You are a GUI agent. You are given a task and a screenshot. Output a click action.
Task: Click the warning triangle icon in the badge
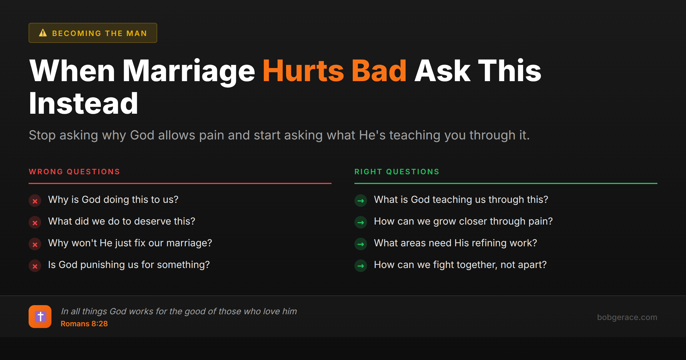pyautogui.click(x=43, y=33)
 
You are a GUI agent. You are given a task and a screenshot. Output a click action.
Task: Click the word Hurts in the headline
pyautogui.click(x=303, y=71)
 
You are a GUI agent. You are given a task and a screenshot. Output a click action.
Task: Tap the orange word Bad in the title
pyautogui.click(x=379, y=71)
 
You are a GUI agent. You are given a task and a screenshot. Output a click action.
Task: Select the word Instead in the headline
pyautogui.click(x=83, y=104)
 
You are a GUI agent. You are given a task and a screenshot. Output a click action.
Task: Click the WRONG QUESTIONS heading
pyautogui.click(x=74, y=172)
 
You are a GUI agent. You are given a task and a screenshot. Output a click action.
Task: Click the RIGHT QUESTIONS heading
pyautogui.click(x=397, y=172)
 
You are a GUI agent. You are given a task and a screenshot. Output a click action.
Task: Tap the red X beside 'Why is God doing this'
pyautogui.click(x=35, y=201)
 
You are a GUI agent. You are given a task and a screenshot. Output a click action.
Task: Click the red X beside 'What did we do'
pyautogui.click(x=35, y=223)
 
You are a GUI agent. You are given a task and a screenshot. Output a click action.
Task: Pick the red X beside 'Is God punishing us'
pyautogui.click(x=35, y=266)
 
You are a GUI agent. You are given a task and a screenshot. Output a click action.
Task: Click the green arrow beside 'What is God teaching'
pyautogui.click(x=361, y=201)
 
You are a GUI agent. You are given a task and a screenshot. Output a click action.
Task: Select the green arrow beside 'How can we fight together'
pyautogui.click(x=361, y=266)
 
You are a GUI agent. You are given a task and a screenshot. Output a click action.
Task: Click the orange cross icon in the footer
pyautogui.click(x=40, y=317)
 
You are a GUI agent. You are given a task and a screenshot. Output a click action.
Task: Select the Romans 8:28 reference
pyautogui.click(x=84, y=324)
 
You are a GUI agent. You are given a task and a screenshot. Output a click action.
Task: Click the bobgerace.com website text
pyautogui.click(x=627, y=317)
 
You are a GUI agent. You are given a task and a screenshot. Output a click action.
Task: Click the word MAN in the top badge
pyautogui.click(x=137, y=33)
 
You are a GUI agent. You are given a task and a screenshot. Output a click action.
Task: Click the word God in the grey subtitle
pyautogui.click(x=142, y=135)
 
